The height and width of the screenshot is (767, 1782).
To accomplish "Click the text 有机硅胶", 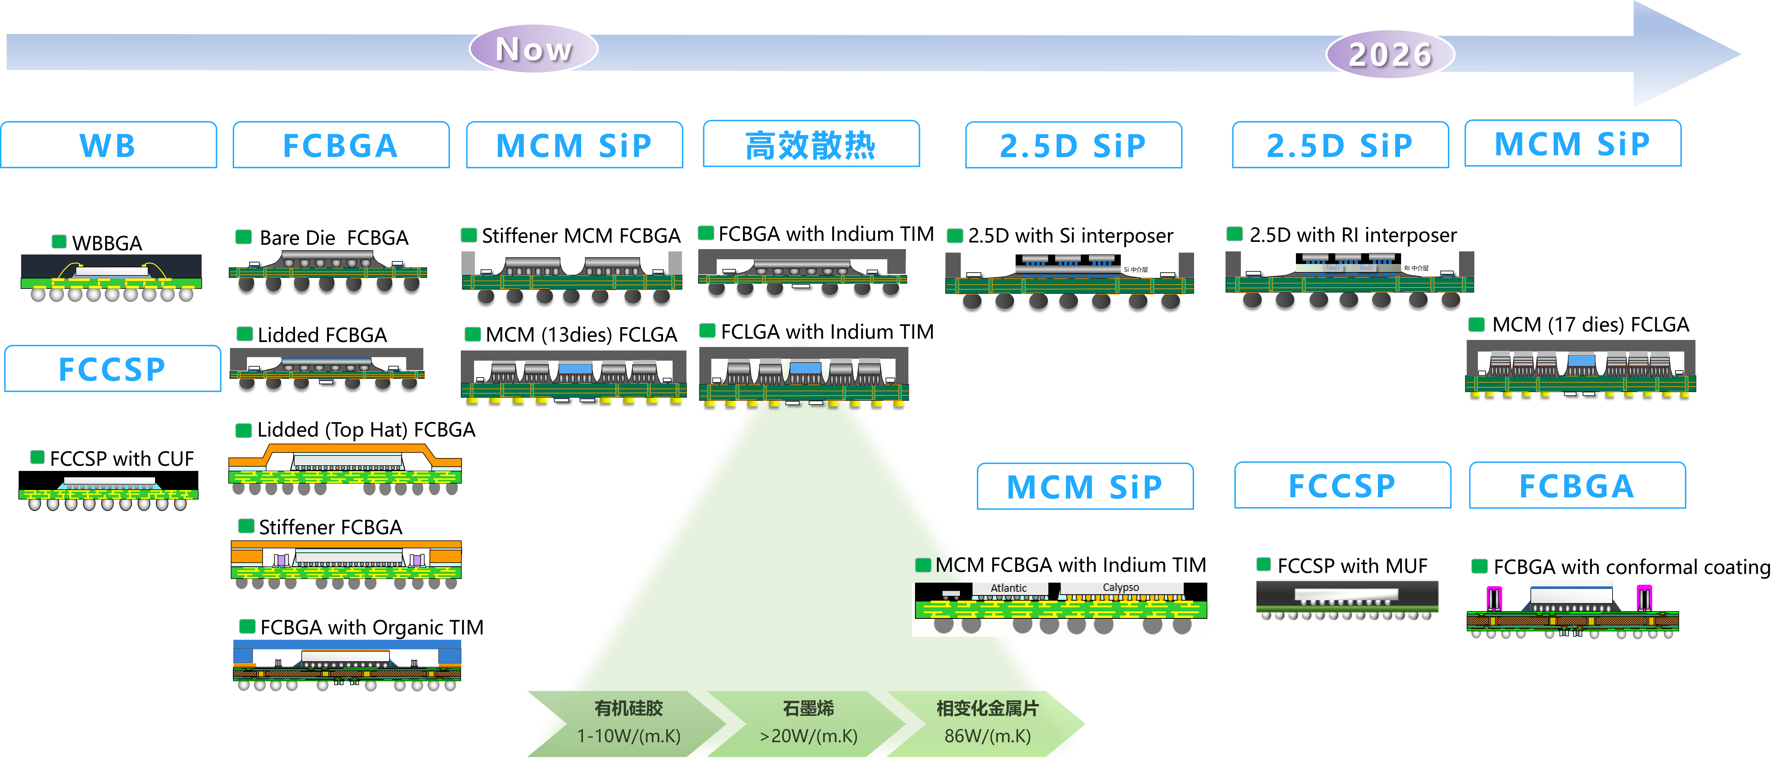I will coord(628,708).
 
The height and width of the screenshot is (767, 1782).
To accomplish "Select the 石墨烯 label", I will coord(808,708).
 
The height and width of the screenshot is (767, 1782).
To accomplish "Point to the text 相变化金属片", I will coord(987,708).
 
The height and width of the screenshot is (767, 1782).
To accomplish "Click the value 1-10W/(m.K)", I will coord(628,736).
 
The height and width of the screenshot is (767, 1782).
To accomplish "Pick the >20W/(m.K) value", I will coord(808,736).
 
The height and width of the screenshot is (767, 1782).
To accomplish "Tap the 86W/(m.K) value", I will coord(987,736).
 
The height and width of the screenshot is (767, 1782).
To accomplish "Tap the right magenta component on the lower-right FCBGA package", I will coord(1644,598).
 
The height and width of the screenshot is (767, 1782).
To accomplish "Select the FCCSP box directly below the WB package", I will coord(112,369).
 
